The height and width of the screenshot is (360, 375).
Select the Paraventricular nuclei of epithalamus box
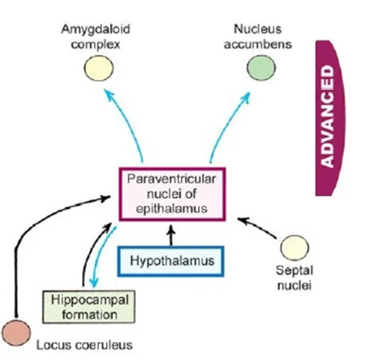coord(170,195)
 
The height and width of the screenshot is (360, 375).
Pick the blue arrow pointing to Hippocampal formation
coord(98,261)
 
